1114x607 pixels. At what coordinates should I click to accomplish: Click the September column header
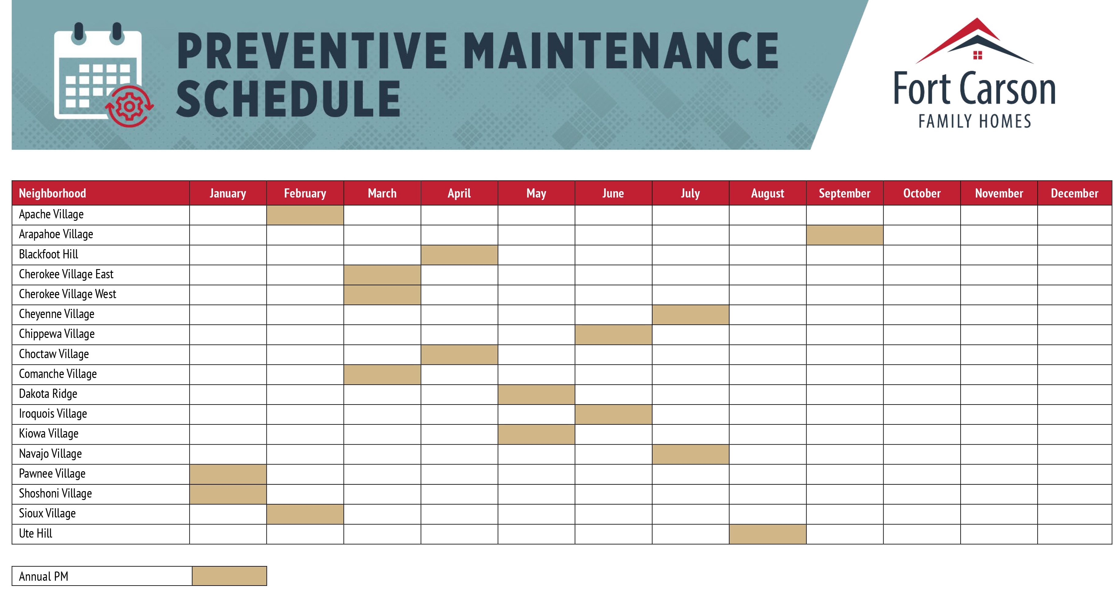844,193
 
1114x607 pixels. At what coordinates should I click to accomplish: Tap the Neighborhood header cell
100,193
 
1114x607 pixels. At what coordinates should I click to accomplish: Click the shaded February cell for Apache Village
305,215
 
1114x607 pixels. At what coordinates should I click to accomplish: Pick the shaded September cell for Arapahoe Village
844,235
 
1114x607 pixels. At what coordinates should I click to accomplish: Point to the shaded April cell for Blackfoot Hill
459,255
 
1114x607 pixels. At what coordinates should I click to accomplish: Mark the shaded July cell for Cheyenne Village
691,315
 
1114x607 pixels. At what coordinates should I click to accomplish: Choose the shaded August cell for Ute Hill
768,534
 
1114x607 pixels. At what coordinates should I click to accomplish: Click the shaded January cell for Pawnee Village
228,474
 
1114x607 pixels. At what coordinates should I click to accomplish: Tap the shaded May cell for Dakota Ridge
536,394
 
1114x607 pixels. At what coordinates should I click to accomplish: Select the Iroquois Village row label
53,414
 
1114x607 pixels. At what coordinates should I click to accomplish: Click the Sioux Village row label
47,513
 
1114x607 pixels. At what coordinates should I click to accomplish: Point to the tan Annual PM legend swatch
229,576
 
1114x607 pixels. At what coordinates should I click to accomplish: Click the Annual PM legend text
43,576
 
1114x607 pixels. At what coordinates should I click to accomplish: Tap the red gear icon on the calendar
129,106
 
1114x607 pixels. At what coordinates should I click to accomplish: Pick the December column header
1074,193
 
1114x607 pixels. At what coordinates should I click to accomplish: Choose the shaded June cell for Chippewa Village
613,335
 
